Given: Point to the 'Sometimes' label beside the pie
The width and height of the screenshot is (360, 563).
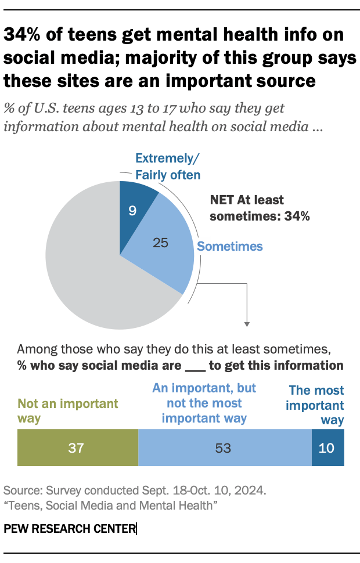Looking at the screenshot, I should click(x=230, y=247).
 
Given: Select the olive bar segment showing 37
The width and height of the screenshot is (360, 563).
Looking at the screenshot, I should click(x=78, y=447).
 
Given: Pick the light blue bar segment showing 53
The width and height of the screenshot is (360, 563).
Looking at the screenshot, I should click(x=225, y=447).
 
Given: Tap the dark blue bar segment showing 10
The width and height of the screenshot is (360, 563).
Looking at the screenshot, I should click(x=328, y=447).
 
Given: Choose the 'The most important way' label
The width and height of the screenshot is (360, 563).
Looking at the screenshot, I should click(x=316, y=405).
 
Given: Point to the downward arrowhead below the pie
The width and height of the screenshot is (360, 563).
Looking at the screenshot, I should click(x=247, y=324).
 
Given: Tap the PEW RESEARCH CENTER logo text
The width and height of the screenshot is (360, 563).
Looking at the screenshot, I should click(x=70, y=529).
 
